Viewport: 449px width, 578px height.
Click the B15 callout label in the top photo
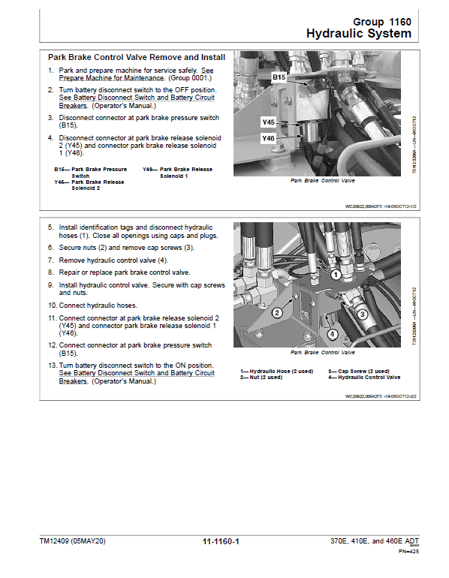coord(279,77)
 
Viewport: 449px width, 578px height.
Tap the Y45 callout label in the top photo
coord(268,122)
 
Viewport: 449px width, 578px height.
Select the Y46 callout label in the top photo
coord(268,138)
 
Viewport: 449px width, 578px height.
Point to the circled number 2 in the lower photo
coord(277,312)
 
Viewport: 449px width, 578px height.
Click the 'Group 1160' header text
coord(381,22)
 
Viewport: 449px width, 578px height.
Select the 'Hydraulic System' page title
coord(358,34)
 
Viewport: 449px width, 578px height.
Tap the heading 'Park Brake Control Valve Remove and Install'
coord(136,56)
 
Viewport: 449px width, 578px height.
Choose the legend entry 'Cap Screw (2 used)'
coord(359,371)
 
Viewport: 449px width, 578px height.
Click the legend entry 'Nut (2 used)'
coord(261,377)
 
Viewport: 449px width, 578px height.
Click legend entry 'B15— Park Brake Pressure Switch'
coord(90,172)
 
